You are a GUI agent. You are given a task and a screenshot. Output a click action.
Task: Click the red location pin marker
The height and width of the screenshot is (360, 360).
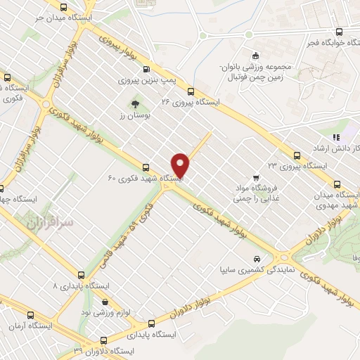(181, 165)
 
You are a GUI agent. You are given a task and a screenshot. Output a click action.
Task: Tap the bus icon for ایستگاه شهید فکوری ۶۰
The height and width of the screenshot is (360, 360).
(146, 167)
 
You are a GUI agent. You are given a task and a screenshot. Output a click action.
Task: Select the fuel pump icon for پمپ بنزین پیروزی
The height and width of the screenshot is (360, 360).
(146, 69)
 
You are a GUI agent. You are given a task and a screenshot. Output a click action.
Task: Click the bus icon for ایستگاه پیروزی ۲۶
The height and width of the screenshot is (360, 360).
(190, 91)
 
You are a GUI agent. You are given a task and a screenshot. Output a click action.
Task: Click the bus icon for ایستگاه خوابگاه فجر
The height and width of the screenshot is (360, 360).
(339, 32)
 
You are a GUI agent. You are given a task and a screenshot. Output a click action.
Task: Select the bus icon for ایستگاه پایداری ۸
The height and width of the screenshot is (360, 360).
(82, 276)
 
